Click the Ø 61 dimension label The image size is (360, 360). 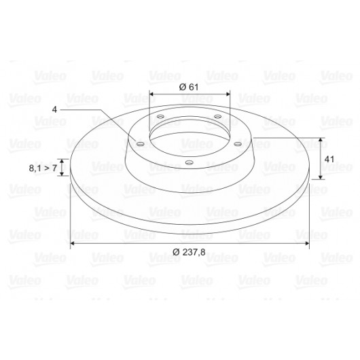tap(189, 87)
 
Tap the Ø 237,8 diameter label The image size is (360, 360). tap(189, 252)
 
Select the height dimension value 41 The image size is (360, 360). tap(329, 159)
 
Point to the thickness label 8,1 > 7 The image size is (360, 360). tap(43, 168)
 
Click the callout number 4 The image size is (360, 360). tap(54, 109)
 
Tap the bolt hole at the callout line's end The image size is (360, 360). tap(141, 144)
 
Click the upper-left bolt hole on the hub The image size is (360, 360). tap(160, 117)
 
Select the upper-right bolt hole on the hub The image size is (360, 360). tap(217, 117)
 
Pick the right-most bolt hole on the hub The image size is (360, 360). tap(238, 144)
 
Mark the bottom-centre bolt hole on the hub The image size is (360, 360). tap(189, 163)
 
